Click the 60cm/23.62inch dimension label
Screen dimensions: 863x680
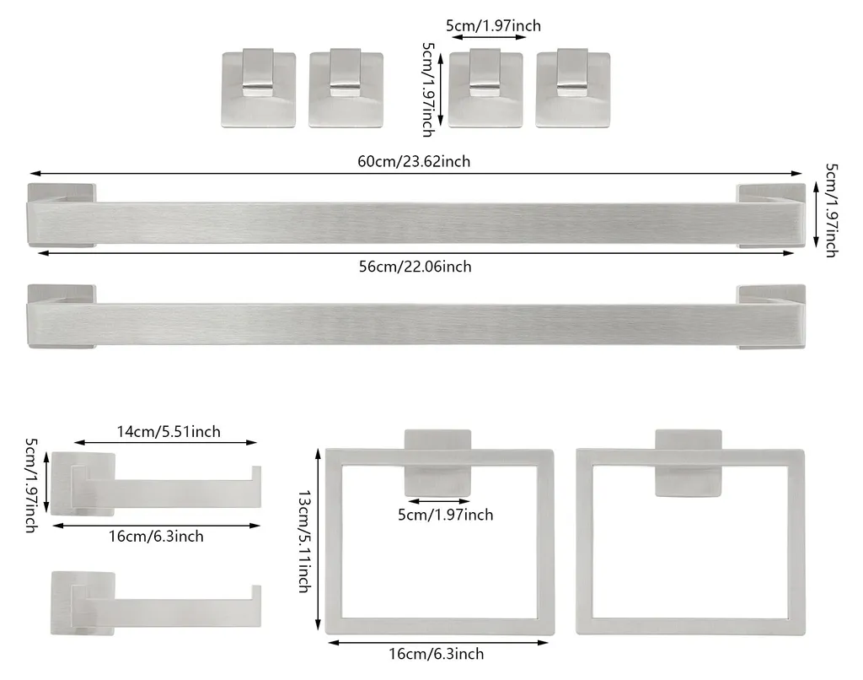(x=414, y=161)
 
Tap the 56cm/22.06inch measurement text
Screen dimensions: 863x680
(x=415, y=267)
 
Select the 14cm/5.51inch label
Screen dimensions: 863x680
(x=169, y=431)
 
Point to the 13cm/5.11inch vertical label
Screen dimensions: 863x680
(x=304, y=542)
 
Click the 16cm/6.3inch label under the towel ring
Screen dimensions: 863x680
(x=437, y=654)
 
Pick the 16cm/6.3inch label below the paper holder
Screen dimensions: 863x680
(x=156, y=537)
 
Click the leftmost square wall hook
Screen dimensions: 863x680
(x=259, y=89)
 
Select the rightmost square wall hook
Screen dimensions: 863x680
(x=573, y=89)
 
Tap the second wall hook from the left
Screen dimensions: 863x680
(x=346, y=89)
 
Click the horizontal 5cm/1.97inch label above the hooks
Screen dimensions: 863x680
(x=493, y=26)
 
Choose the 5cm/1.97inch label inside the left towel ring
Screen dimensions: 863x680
(x=445, y=515)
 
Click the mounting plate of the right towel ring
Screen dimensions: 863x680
(x=688, y=463)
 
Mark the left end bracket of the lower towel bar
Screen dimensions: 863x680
(x=62, y=317)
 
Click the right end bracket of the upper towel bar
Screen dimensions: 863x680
(x=772, y=215)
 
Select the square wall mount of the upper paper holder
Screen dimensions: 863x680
(x=83, y=484)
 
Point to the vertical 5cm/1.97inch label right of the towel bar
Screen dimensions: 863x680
(x=831, y=210)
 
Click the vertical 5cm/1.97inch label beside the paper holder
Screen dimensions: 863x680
(x=31, y=485)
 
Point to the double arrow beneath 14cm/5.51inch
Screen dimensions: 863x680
(x=166, y=442)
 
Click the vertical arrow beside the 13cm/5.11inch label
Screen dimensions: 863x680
(x=318, y=539)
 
